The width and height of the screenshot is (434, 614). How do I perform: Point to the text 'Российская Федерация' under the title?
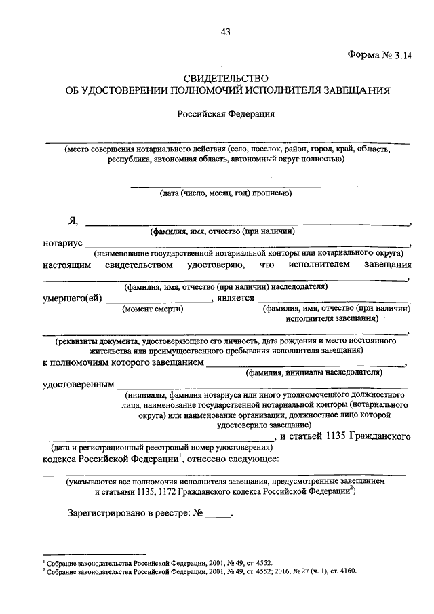[226, 114]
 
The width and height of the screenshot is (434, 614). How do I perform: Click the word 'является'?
[236, 298]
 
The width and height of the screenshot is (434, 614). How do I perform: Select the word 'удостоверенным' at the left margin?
[77, 385]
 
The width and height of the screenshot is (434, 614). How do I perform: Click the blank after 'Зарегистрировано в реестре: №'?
[218, 516]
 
